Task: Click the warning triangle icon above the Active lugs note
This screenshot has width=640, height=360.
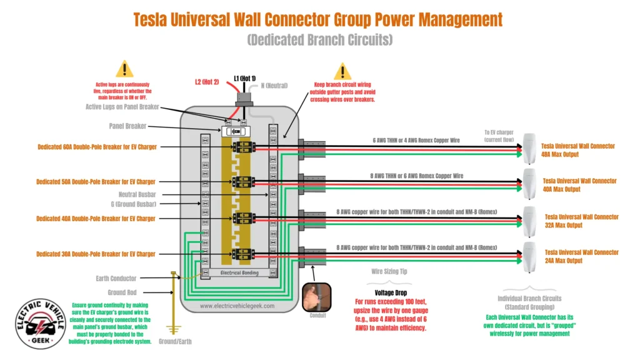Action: click(x=124, y=69)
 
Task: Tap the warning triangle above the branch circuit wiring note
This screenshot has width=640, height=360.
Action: click(x=342, y=71)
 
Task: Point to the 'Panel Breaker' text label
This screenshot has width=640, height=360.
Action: click(x=128, y=126)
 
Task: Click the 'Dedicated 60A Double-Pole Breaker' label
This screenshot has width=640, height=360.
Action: click(x=97, y=147)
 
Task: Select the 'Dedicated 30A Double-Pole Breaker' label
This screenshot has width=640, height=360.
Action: click(x=97, y=254)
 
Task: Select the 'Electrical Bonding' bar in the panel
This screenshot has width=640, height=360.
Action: click(x=241, y=273)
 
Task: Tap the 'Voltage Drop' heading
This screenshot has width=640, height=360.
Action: click(x=391, y=292)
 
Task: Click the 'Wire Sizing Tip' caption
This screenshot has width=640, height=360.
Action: click(x=391, y=272)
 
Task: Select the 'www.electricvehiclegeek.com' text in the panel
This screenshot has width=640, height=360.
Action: click(x=241, y=306)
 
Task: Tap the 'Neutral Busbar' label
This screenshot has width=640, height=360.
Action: click(x=137, y=194)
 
